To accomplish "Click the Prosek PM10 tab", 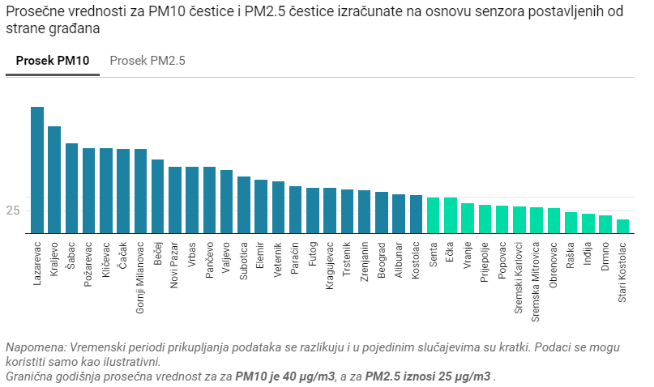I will (52, 61).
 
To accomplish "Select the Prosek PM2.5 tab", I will (147, 61).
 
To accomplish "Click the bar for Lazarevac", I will (37, 170).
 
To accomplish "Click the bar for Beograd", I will (382, 213).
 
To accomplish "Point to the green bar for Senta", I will (434, 215).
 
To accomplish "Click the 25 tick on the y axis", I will (13, 211).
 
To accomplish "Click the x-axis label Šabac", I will (72, 253).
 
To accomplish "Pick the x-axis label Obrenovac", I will (554, 261).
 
